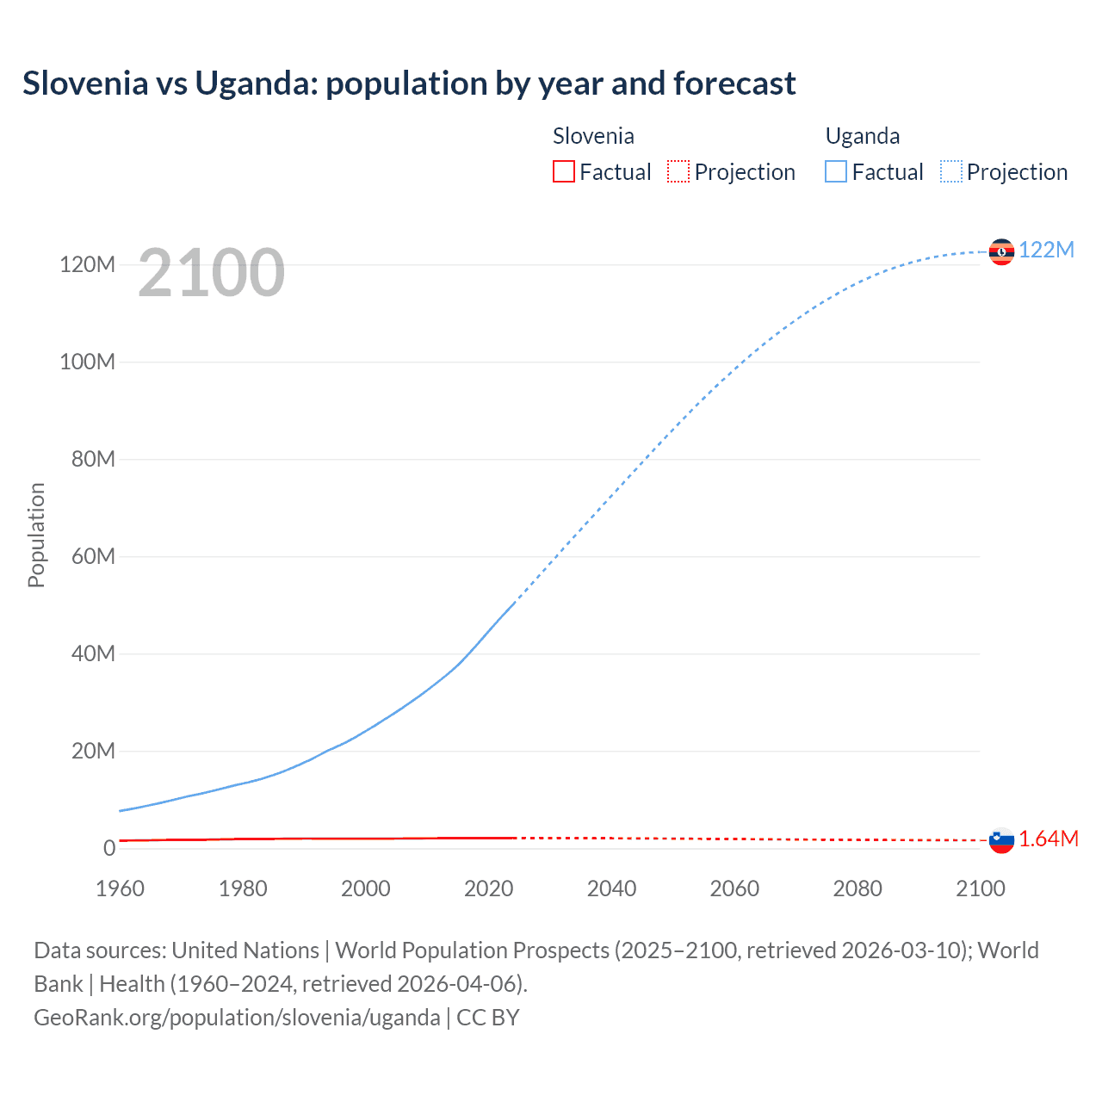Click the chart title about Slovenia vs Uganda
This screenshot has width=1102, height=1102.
point(409,84)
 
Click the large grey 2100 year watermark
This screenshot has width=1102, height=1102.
point(211,273)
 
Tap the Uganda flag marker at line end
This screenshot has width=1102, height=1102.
point(1001,251)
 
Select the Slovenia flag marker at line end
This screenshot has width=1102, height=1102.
point(1001,839)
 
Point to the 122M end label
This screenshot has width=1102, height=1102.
point(1046,250)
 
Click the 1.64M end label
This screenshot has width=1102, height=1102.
point(1048,839)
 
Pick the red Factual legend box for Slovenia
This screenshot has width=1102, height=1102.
point(563,171)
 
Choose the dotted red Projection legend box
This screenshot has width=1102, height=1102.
point(678,171)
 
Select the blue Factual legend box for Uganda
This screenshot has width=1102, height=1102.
point(836,171)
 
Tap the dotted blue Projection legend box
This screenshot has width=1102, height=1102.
point(951,171)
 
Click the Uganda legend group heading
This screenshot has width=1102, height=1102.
point(862,136)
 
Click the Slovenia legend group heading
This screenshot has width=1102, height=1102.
point(593,136)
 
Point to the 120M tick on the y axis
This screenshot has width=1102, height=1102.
point(87,264)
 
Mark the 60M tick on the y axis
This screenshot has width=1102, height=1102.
point(93,556)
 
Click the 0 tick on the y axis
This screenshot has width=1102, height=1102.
point(109,848)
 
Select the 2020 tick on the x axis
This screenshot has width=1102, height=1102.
point(488,888)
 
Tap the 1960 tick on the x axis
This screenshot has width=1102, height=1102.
point(120,888)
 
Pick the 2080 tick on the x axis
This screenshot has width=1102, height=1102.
point(857,888)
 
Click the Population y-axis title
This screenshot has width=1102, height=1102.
point(36,535)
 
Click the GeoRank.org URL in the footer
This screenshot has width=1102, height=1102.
point(237,1018)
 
